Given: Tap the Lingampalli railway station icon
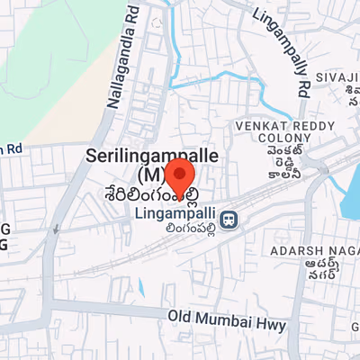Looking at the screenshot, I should [x=230, y=218].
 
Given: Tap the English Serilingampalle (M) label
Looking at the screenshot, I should [x=153, y=163].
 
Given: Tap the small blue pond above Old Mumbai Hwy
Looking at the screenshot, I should [x=141, y=287].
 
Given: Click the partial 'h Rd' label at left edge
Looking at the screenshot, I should [x=10, y=148].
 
